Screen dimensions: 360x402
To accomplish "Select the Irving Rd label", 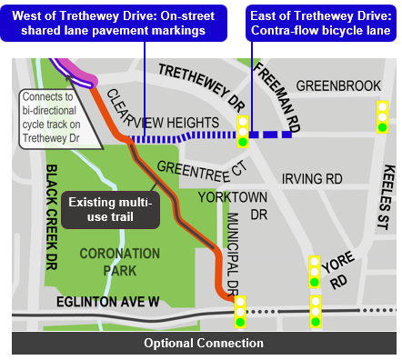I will coord(312,179).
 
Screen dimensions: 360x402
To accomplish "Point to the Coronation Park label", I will coord(114,262).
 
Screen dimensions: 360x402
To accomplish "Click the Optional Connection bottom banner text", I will coord(204,344).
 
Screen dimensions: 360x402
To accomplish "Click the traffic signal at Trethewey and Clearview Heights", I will coord(243,132).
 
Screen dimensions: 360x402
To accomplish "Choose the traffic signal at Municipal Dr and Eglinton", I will coord(241,311).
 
